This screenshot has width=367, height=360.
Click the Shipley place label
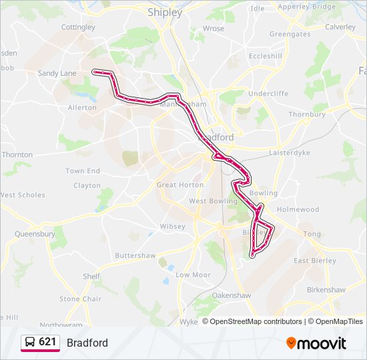(165, 12)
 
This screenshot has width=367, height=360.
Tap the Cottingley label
(78, 27)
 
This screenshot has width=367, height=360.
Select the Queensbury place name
(35, 234)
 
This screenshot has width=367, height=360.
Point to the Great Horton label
(179, 185)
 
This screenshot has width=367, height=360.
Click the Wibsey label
(172, 226)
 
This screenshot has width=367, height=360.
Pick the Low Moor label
(193, 275)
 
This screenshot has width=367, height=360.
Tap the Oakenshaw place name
(232, 295)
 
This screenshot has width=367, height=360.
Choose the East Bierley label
(315, 261)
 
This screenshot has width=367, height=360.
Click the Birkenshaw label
(326, 290)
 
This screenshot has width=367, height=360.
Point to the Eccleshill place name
(265, 56)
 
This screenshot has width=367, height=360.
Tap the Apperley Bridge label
(307, 6)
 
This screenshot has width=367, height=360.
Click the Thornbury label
(307, 115)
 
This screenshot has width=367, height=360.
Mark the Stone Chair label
(80, 299)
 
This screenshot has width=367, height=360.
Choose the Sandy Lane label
(57, 73)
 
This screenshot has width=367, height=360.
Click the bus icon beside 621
(30, 342)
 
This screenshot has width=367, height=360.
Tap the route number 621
(47, 342)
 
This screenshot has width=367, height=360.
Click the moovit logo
(316, 343)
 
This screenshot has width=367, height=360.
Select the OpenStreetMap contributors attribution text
(256, 321)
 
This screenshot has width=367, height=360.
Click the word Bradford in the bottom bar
(87, 343)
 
